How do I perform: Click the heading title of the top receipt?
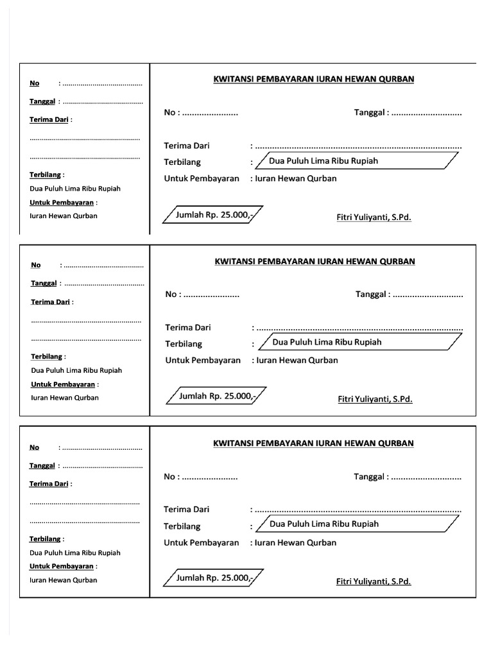pyautogui.click(x=313, y=80)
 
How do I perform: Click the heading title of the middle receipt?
pyautogui.click(x=314, y=262)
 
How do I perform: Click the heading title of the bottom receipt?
pyautogui.click(x=313, y=443)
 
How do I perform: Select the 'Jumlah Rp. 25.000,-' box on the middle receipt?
pyautogui.click(x=217, y=397)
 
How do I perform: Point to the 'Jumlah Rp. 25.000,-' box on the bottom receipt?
pyautogui.click(x=214, y=578)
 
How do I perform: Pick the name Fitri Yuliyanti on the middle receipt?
pyautogui.click(x=375, y=399)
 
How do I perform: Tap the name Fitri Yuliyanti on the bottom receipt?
pyautogui.click(x=373, y=581)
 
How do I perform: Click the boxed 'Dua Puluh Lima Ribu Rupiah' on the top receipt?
pyautogui.click(x=357, y=161)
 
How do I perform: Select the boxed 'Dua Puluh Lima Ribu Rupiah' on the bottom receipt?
pyautogui.click(x=357, y=524)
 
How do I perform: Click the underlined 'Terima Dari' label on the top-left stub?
pyautogui.click(x=49, y=119)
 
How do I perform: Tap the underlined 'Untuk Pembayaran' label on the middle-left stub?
pyautogui.click(x=63, y=384)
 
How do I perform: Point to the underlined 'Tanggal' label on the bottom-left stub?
pyautogui.click(x=43, y=466)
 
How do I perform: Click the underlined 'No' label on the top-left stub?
pyautogui.click(x=34, y=83)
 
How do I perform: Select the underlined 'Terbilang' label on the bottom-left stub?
pyautogui.click(x=46, y=539)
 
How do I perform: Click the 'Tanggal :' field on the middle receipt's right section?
pyautogui.click(x=409, y=294)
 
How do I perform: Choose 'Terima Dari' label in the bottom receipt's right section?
pyautogui.click(x=187, y=509)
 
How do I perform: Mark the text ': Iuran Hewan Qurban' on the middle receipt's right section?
pyautogui.click(x=295, y=361)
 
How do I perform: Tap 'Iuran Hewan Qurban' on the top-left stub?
pyautogui.click(x=64, y=216)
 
